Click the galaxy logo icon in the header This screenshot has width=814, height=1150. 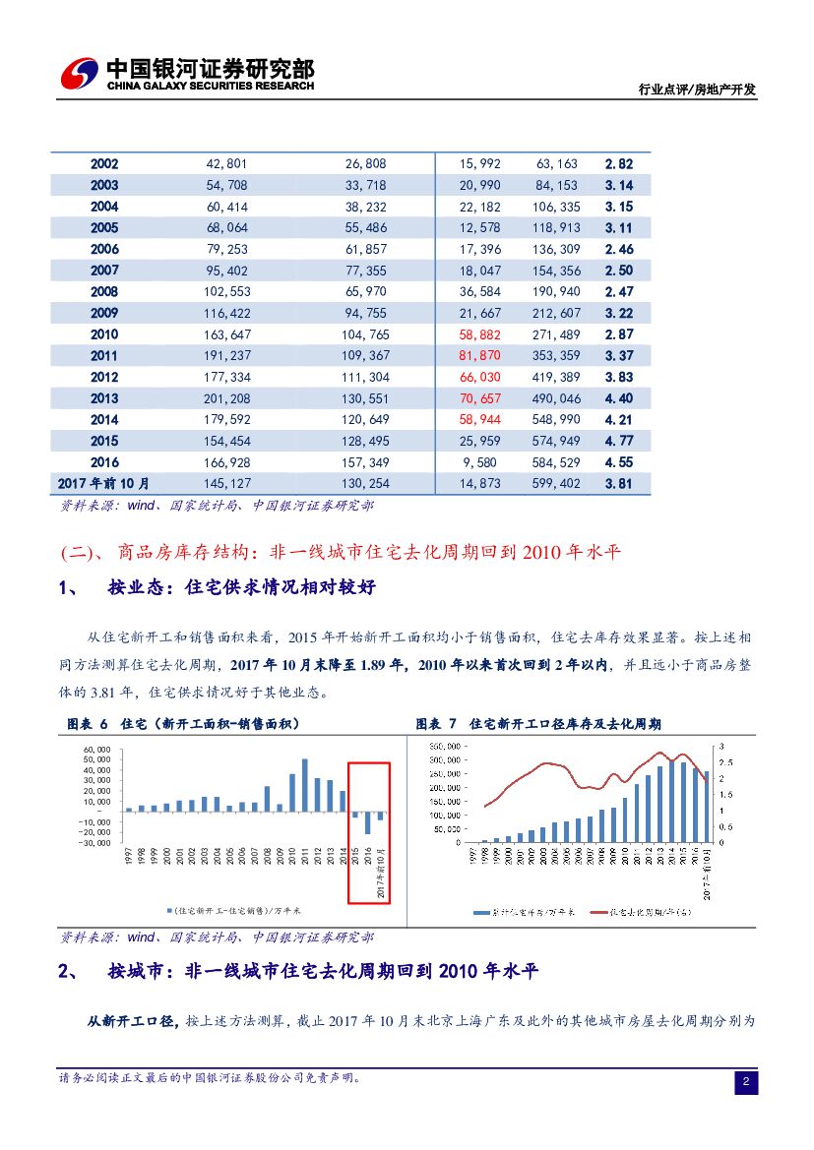pos(79,73)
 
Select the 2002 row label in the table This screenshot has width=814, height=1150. pos(103,164)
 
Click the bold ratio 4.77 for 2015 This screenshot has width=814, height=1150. pos(618,441)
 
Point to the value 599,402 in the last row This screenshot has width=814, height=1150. pos(556,483)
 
